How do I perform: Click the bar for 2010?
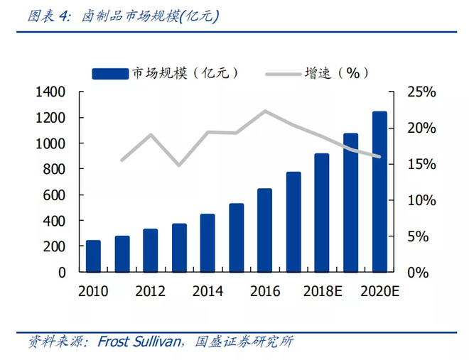coord(93,256)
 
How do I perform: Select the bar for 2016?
coord(264,230)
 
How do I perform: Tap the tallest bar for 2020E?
coord(379,192)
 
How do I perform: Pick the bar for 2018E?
coord(322,212)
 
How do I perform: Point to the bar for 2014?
coord(207,243)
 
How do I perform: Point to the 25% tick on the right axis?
coord(421,92)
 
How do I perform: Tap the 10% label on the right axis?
coord(421,200)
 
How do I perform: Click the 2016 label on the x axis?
coord(264,291)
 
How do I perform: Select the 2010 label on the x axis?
coord(93,291)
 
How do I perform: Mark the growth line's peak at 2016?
coord(264,111)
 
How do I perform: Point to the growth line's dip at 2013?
coord(179,165)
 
